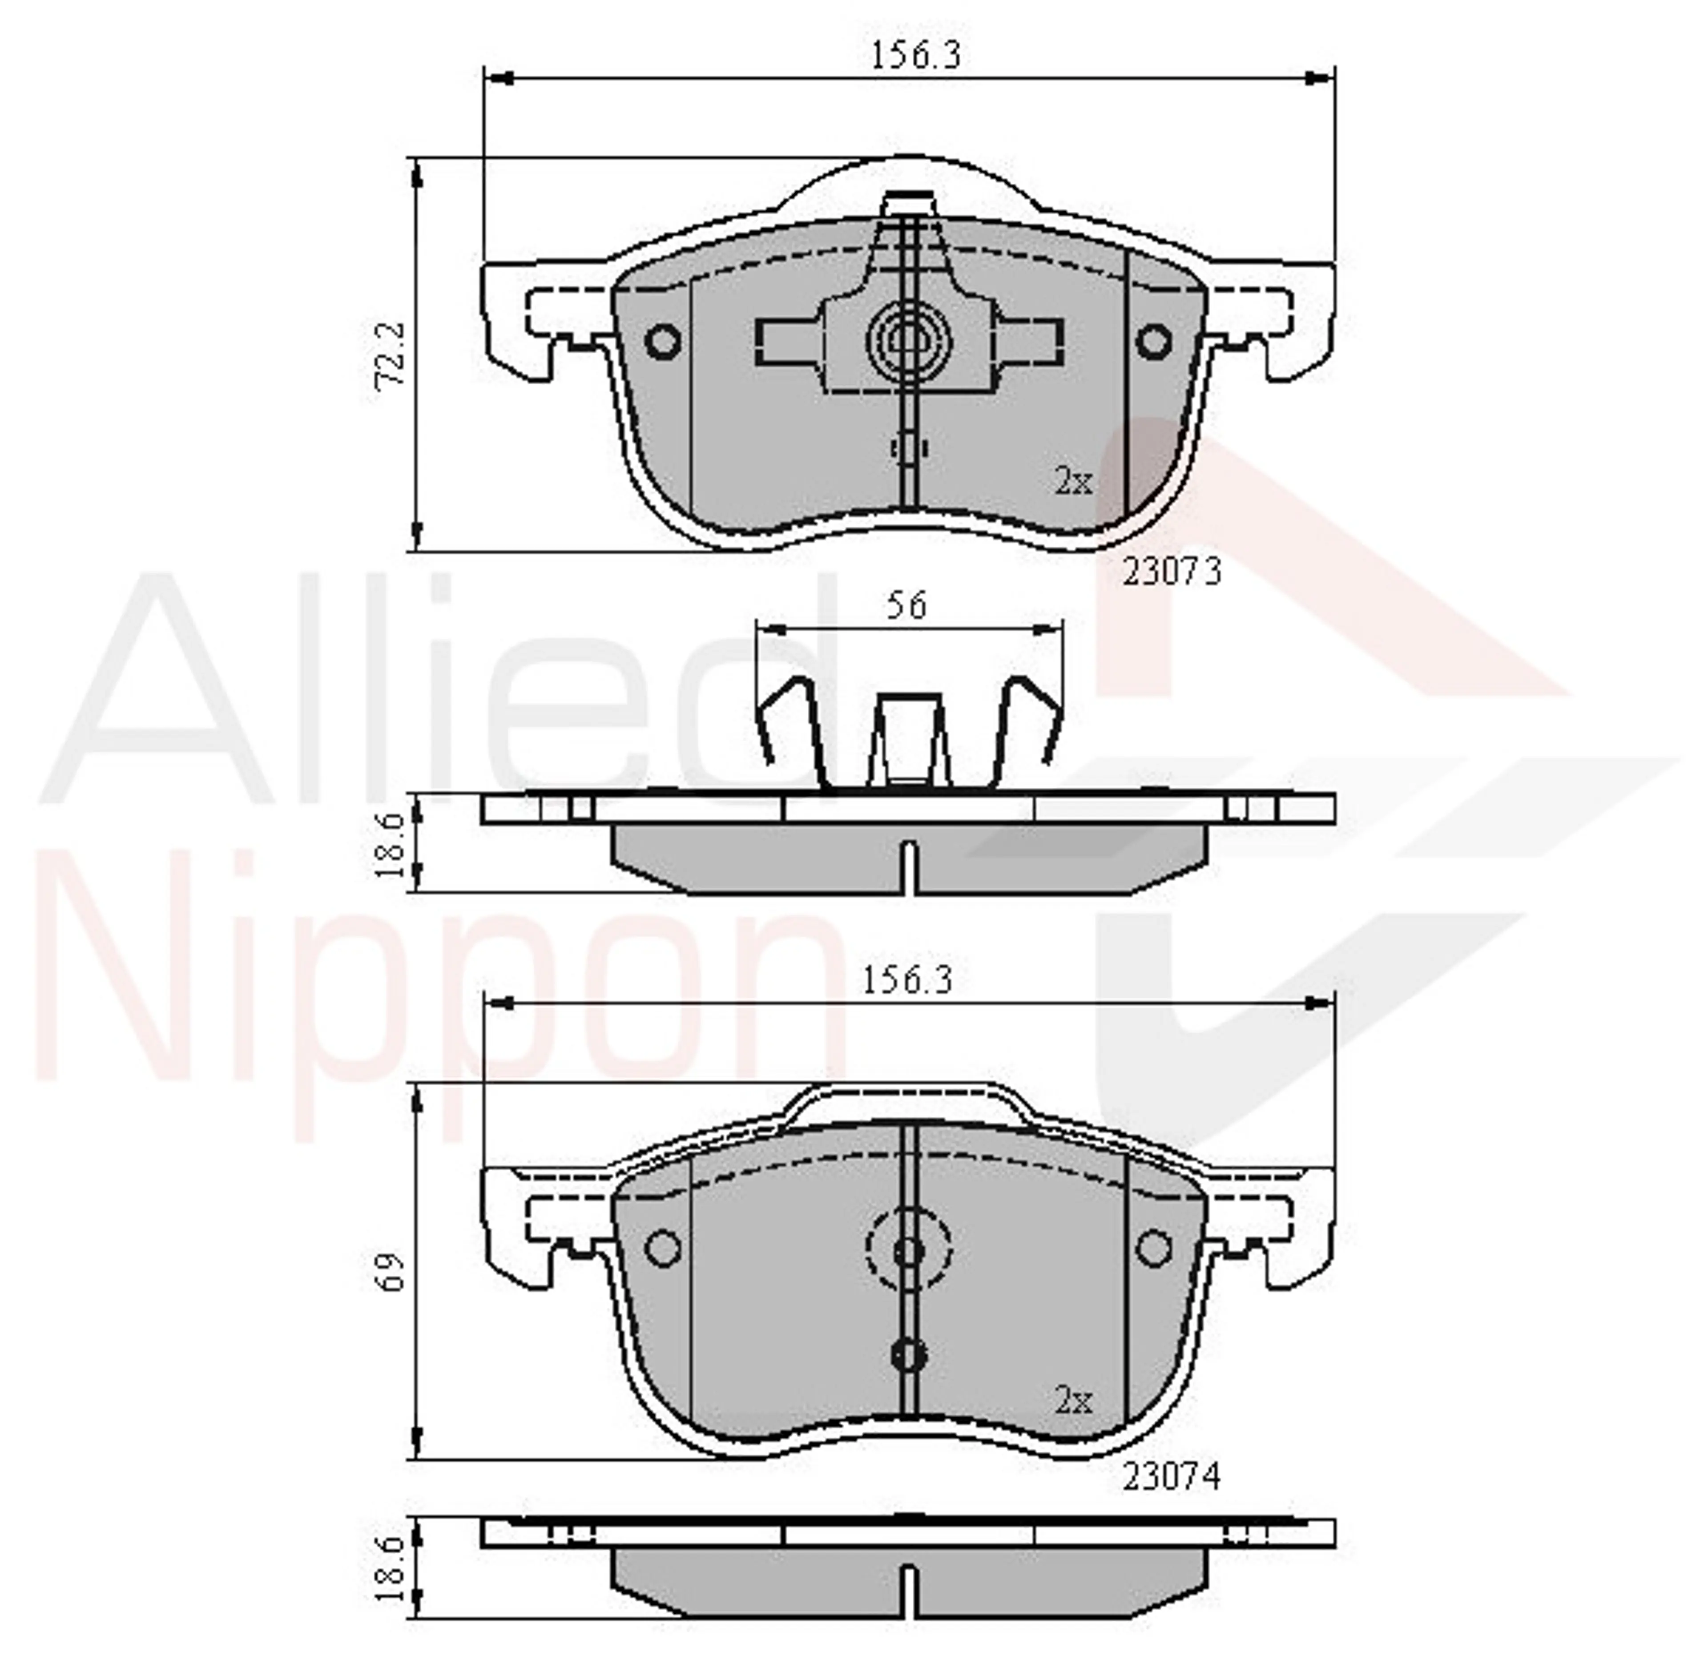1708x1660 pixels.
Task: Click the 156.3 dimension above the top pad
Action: coord(915,56)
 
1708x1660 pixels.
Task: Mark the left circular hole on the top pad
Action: coord(664,341)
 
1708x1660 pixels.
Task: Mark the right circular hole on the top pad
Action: coord(1153,341)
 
